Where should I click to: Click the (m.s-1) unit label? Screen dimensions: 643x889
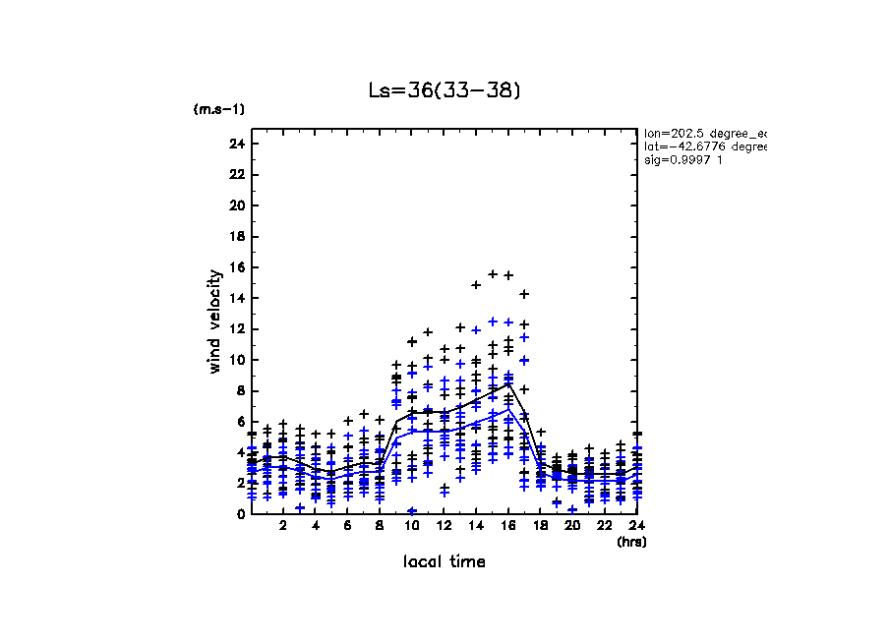point(219,109)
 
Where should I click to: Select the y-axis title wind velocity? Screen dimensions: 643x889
point(215,321)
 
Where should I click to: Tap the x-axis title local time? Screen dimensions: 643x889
point(444,561)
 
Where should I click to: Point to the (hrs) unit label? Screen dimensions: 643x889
point(631,542)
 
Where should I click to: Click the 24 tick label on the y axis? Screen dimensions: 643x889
point(235,144)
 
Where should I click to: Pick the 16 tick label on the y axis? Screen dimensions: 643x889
point(235,267)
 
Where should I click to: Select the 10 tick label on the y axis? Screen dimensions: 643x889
point(235,360)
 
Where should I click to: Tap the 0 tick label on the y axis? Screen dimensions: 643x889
point(239,514)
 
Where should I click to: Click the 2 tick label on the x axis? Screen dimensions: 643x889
point(283,527)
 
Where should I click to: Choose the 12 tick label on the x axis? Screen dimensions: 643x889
point(444,527)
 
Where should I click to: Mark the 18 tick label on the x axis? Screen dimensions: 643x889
point(540,527)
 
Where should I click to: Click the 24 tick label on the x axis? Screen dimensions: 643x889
point(636,527)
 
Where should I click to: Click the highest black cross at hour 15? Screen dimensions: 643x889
point(493,274)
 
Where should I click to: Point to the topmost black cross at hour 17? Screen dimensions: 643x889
point(525,293)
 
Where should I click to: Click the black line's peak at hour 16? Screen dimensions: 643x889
point(508,383)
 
